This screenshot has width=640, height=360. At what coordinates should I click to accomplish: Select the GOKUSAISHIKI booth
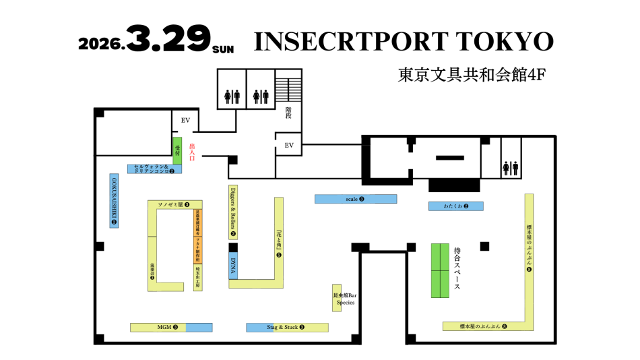[x=114, y=200]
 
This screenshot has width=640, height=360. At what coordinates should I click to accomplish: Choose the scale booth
[x=355, y=199]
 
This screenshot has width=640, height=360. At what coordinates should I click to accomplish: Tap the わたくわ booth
[x=456, y=206]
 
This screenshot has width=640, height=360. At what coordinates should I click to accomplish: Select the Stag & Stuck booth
[x=286, y=328]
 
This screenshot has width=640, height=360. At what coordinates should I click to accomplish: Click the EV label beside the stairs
[x=289, y=145]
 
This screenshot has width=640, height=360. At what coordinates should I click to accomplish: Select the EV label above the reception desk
[x=186, y=120]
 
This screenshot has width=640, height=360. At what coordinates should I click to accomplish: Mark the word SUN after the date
[x=222, y=49]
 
